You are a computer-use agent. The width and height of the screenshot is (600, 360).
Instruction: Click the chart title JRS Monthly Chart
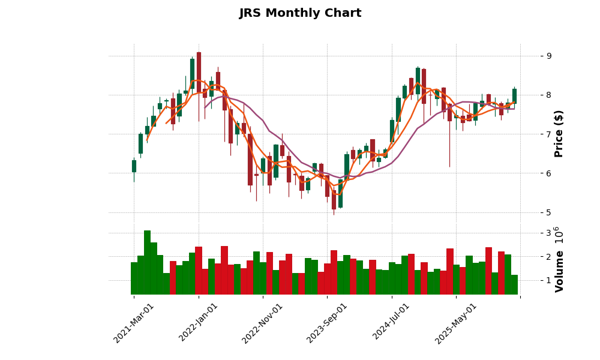pyautogui.click(x=300, y=13)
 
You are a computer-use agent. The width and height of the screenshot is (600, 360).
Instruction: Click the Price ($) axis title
pyautogui.click(x=559, y=133)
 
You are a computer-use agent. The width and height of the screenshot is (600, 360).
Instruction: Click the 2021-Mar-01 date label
pyautogui.click(x=134, y=323)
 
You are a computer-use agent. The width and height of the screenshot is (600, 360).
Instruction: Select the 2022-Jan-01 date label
pyautogui.click(x=199, y=323)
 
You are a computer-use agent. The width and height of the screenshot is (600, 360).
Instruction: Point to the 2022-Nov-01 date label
pyautogui.click(x=263, y=323)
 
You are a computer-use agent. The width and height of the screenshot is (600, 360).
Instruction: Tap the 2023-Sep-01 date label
pyautogui.click(x=328, y=323)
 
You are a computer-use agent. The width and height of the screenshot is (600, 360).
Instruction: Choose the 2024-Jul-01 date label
pyautogui.click(x=392, y=323)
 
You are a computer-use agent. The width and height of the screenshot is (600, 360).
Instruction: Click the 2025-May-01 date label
pyautogui.click(x=456, y=323)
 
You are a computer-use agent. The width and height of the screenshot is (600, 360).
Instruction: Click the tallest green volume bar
pyautogui.click(x=147, y=262)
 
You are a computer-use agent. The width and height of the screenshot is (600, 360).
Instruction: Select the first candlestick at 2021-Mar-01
pyautogui.click(x=134, y=166)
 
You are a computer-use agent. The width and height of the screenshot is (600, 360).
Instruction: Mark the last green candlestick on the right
pyautogui.click(x=514, y=95)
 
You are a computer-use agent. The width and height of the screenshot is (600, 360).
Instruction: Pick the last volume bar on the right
pyautogui.click(x=514, y=284)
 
